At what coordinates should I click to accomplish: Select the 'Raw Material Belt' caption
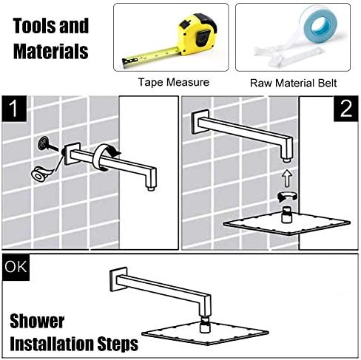coord(297,83)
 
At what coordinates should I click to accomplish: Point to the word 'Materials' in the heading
coord(50,52)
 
